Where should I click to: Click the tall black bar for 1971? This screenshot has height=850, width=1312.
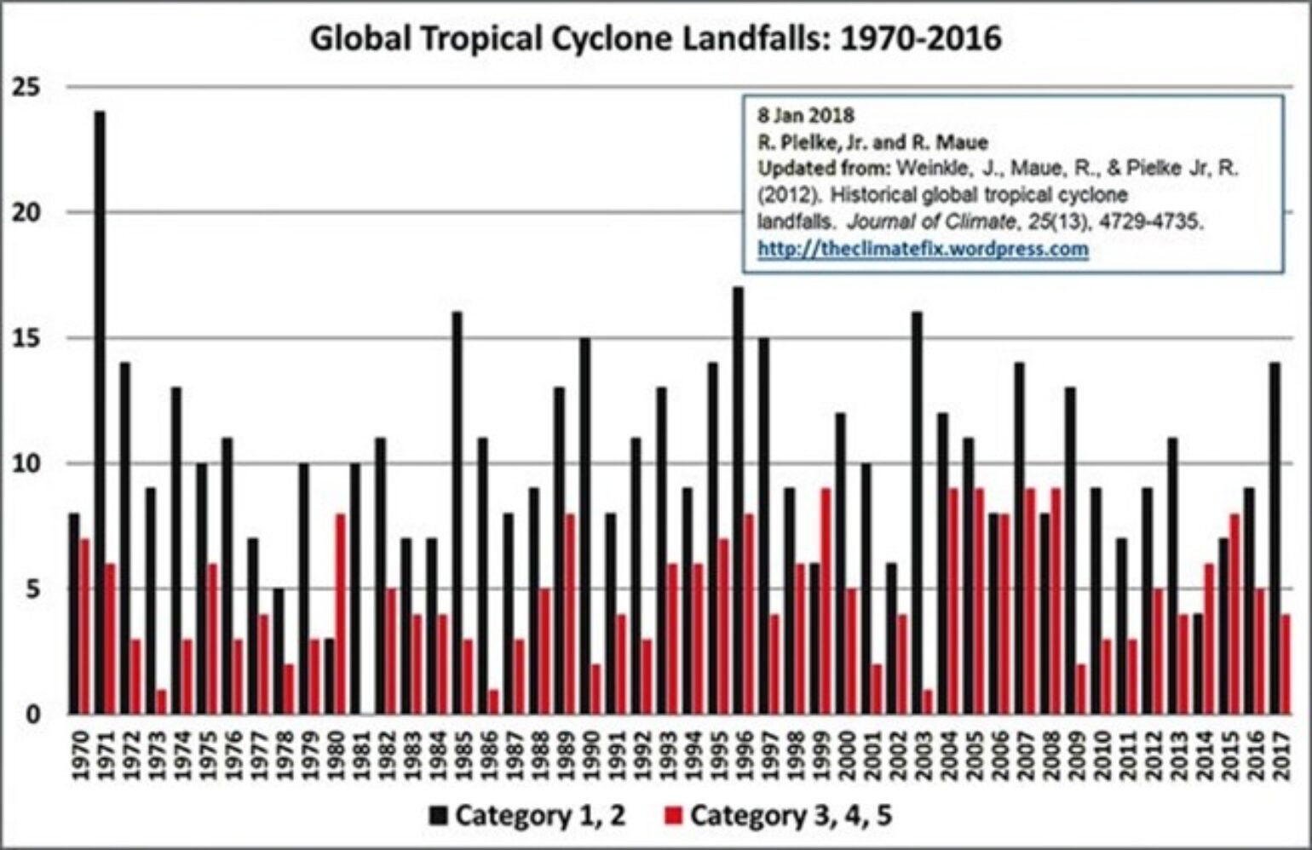point(100,412)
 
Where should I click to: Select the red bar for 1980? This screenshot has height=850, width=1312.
point(341,613)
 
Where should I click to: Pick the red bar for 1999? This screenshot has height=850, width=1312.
point(826,600)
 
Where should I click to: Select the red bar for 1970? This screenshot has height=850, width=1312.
point(84,626)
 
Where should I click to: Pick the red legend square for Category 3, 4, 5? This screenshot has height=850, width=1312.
point(674,817)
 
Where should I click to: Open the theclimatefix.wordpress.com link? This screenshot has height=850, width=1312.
point(923,250)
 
